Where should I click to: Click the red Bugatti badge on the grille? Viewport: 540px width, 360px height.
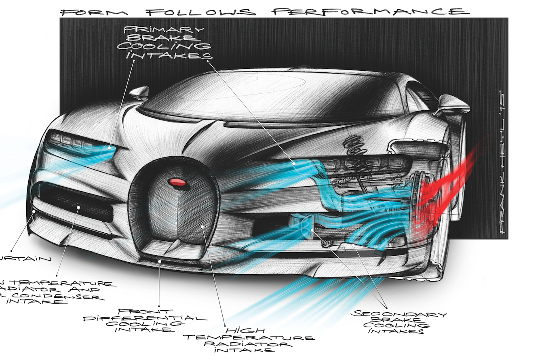coord(178,183)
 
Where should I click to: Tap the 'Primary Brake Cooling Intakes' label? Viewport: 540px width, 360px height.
coord(162,42)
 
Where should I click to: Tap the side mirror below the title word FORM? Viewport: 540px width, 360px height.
coord(139,93)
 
